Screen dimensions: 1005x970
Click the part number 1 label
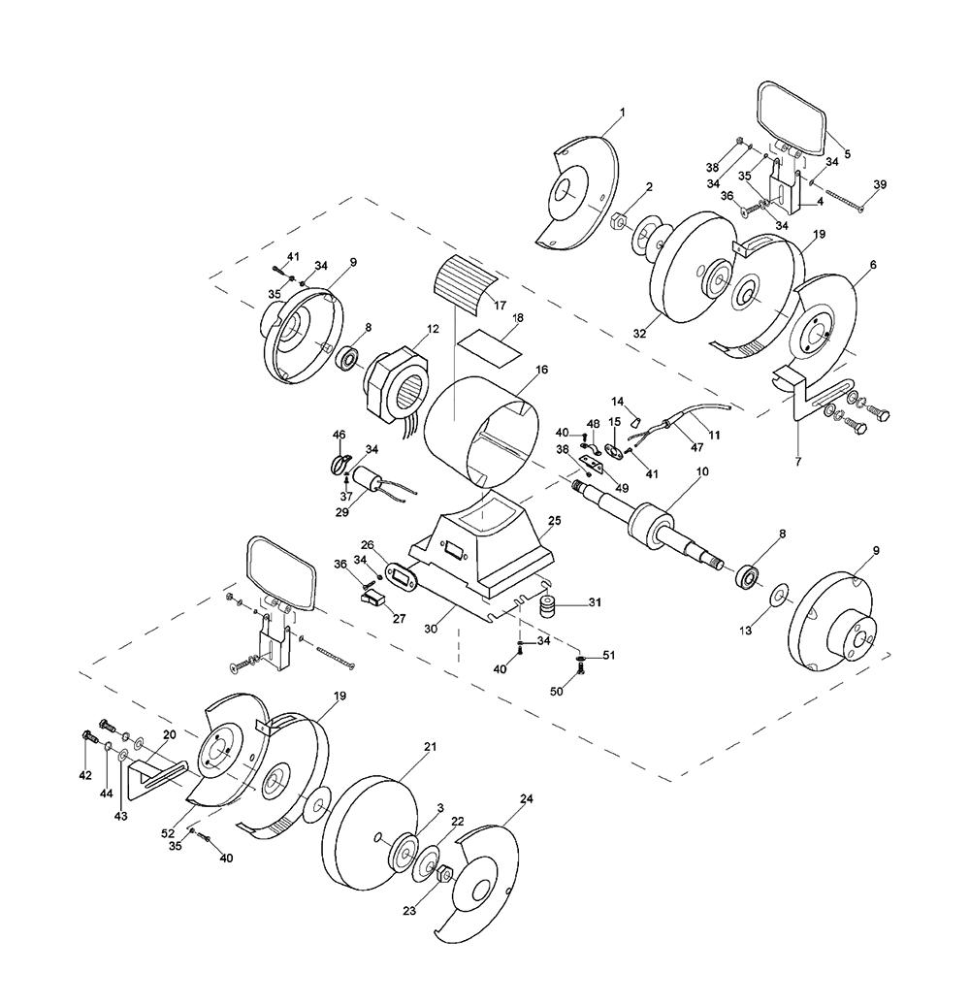coord(622,112)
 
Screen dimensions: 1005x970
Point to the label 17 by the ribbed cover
coord(501,305)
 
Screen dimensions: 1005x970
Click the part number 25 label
coord(555,521)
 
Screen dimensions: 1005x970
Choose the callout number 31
coord(595,602)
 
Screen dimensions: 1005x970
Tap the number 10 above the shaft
coord(702,471)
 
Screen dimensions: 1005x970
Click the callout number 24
coord(527,799)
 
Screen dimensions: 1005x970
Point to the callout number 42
coord(85,775)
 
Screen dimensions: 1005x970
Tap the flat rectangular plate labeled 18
coord(490,342)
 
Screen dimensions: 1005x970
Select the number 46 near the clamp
coord(339,434)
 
